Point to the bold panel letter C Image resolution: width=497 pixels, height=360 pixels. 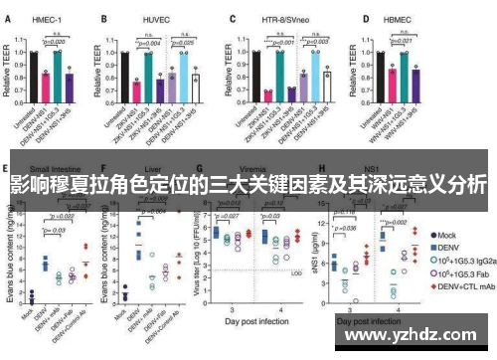[231, 18]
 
